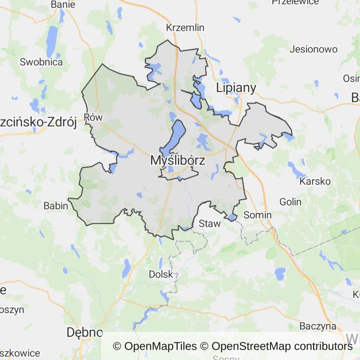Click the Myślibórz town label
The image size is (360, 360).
(x=178, y=160)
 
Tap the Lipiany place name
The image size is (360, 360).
(x=236, y=88)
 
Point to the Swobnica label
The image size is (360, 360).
(x=41, y=62)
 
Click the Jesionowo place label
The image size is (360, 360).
(x=314, y=49)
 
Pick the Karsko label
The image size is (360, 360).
(x=315, y=181)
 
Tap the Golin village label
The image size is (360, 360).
(x=290, y=202)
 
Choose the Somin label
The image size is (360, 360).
(x=258, y=215)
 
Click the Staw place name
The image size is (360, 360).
(x=210, y=224)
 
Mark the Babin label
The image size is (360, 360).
(x=56, y=205)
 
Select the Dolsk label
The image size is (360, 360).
(x=161, y=274)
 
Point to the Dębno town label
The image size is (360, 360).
(x=84, y=332)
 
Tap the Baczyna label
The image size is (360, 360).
(x=318, y=326)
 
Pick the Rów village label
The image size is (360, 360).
(x=92, y=117)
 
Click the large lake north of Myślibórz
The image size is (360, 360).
(x=176, y=135)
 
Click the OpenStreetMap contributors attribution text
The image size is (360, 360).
(x=282, y=346)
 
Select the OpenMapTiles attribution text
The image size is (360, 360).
(x=155, y=346)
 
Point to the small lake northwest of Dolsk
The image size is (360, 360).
(x=127, y=268)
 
